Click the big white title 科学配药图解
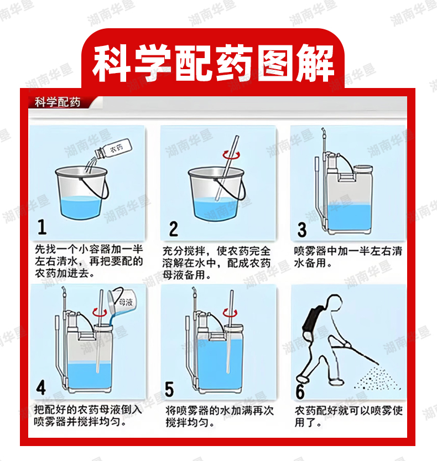click(x=213, y=63)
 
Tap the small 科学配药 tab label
click(x=58, y=102)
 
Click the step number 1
click(x=42, y=227)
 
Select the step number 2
click(x=173, y=229)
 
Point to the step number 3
click(x=302, y=230)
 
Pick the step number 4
click(x=41, y=387)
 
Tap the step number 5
click(x=169, y=389)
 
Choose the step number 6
click(x=300, y=392)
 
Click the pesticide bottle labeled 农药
click(x=113, y=149)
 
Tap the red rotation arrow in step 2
click(x=231, y=154)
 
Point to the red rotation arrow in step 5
click(x=230, y=313)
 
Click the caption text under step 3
click(x=348, y=257)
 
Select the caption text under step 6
click(x=348, y=416)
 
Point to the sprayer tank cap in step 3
click(x=363, y=168)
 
